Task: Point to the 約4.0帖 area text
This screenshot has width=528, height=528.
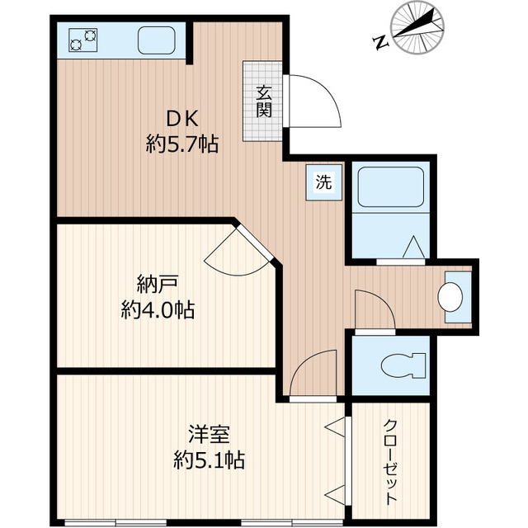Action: click(x=158, y=311)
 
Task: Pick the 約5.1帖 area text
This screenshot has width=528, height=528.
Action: click(x=207, y=459)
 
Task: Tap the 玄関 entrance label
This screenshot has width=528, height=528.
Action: click(x=263, y=101)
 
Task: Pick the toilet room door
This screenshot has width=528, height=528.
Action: click(x=373, y=309)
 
